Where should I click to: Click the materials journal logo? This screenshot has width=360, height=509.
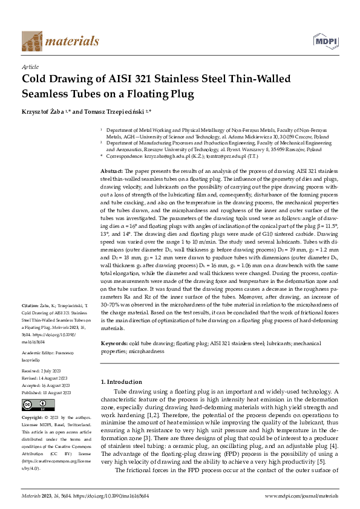[61, 41]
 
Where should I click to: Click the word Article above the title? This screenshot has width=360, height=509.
[30, 67]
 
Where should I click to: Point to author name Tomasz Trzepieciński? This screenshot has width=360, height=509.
[114, 112]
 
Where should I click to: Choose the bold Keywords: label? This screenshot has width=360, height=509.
[114, 343]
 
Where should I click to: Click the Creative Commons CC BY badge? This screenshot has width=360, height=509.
[36, 406]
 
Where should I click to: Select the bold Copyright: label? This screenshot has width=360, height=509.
[33, 418]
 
